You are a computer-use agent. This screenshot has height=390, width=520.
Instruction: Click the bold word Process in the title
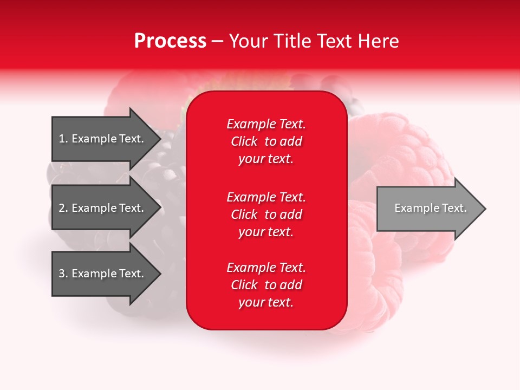click(170, 41)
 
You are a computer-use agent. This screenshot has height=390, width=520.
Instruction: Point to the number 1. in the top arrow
click(63, 139)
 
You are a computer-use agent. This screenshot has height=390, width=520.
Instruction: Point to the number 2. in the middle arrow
click(63, 208)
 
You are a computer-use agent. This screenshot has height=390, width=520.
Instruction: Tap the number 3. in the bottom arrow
click(63, 274)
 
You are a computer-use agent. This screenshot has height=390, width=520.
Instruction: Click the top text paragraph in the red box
click(266, 141)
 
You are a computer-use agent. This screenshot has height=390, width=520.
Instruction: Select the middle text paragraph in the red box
click(266, 214)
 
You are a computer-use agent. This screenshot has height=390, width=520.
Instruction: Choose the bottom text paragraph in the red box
click(266, 285)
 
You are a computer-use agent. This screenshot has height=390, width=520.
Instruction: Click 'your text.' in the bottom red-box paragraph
click(266, 302)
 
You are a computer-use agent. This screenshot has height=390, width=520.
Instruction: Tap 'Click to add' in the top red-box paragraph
click(266, 141)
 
